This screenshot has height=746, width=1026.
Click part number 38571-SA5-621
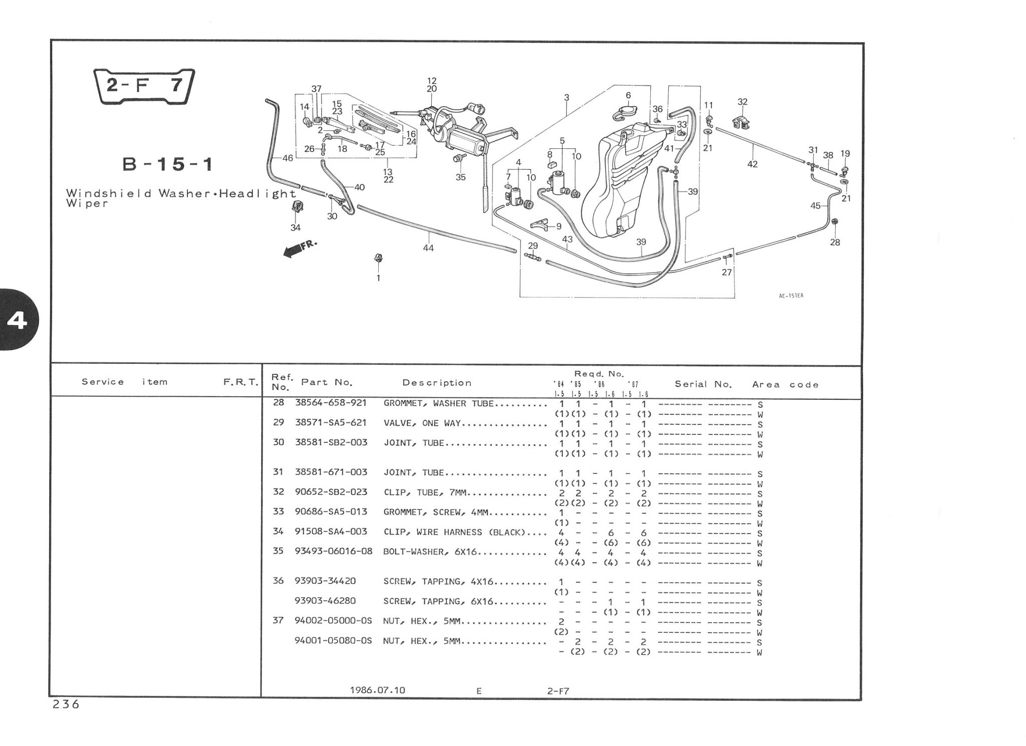click(x=331, y=423)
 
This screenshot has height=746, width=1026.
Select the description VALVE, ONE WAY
click(x=422, y=423)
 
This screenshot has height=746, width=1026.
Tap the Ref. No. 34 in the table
click(x=278, y=531)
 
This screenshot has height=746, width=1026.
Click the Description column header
click(x=437, y=383)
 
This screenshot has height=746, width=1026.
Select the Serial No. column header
click(x=703, y=384)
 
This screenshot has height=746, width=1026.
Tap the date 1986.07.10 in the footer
click(x=377, y=690)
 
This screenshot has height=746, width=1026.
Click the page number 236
click(x=66, y=704)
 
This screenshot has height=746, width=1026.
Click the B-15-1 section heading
click(x=168, y=164)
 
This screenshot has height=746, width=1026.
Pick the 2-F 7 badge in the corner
click(x=144, y=86)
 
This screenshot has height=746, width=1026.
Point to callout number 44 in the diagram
click(x=428, y=248)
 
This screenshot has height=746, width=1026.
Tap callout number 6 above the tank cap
click(x=628, y=95)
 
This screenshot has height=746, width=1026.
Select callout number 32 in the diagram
click(x=742, y=102)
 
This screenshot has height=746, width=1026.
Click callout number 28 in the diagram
click(x=835, y=242)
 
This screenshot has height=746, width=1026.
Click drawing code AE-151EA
click(x=791, y=296)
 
